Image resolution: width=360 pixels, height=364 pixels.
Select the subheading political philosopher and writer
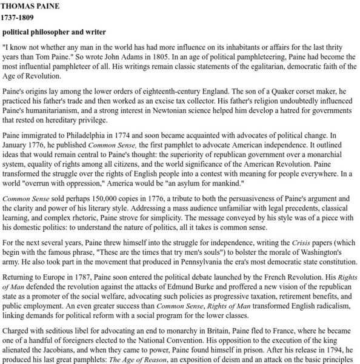pos(55,32)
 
